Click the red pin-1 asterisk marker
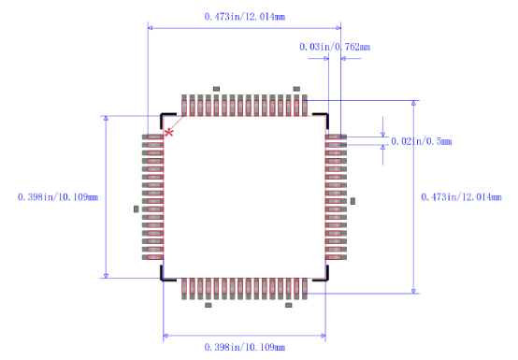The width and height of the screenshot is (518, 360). (x=168, y=133)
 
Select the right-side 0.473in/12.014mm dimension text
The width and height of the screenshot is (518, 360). (x=465, y=196)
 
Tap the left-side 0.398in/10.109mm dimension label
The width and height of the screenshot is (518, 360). (x=58, y=196)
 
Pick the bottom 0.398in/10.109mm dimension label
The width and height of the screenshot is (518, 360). (x=245, y=347)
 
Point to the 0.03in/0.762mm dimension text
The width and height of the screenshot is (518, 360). (x=334, y=47)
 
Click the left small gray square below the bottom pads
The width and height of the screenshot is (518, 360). (x=208, y=305)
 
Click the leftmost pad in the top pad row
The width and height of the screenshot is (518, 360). (x=184, y=105)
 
